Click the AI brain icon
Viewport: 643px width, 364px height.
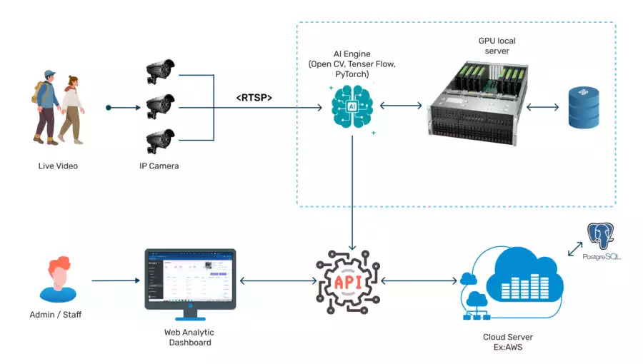click(x=352, y=107)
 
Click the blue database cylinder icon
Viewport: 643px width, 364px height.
click(x=584, y=107)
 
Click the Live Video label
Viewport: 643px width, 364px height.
click(x=58, y=166)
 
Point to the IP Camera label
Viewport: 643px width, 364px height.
click(x=159, y=166)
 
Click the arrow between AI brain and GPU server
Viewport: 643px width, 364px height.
click(x=401, y=106)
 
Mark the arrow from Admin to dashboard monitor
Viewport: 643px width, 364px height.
click(x=114, y=280)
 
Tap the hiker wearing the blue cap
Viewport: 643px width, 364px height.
click(x=46, y=107)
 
